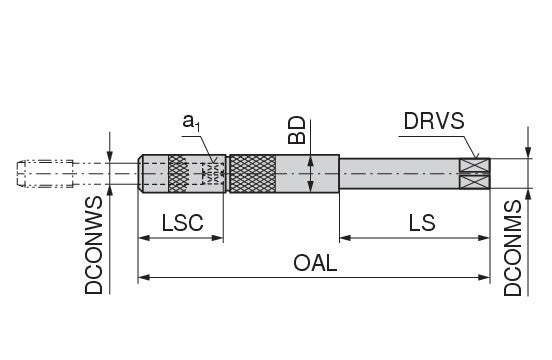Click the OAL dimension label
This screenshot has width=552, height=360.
315,263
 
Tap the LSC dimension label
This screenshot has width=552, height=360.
182,223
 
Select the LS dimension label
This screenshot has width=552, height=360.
422,223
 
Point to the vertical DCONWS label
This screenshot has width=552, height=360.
94,245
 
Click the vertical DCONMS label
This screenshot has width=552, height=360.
512,248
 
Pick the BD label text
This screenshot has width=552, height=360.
297,130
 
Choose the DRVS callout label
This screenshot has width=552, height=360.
434,121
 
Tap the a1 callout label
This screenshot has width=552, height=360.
191,122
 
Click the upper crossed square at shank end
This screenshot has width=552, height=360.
475,165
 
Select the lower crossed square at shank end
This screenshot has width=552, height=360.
475,182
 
